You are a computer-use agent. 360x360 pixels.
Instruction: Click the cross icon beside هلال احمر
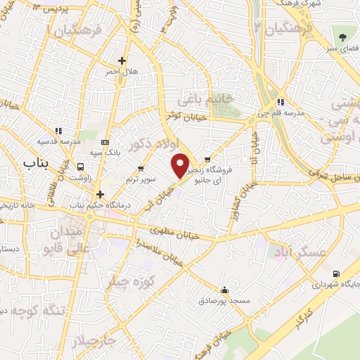[x=123, y=60]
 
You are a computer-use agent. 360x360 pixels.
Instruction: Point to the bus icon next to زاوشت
[x=82, y=167]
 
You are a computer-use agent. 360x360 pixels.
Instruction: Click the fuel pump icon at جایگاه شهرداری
[x=335, y=274]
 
